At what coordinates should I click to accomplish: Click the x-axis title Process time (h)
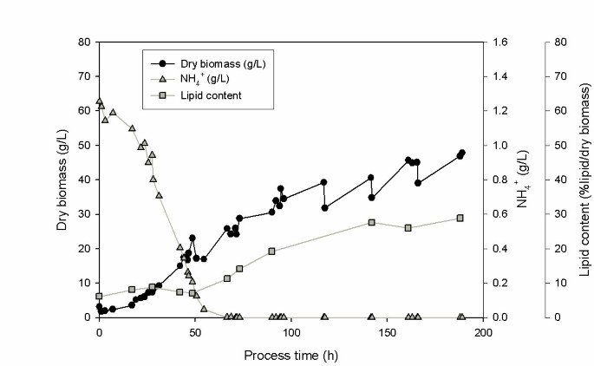290,355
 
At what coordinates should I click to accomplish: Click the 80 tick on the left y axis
83,42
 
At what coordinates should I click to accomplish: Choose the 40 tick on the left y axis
83,180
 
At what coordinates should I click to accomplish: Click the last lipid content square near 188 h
460,218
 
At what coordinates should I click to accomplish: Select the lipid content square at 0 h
99,297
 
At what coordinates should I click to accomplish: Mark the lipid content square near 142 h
371,222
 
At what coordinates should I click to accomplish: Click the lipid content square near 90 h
271,252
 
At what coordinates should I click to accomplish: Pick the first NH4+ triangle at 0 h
99,101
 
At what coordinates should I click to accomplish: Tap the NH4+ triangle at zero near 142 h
371,317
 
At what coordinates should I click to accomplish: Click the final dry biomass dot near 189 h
461,153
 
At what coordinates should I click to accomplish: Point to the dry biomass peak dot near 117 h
323,182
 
